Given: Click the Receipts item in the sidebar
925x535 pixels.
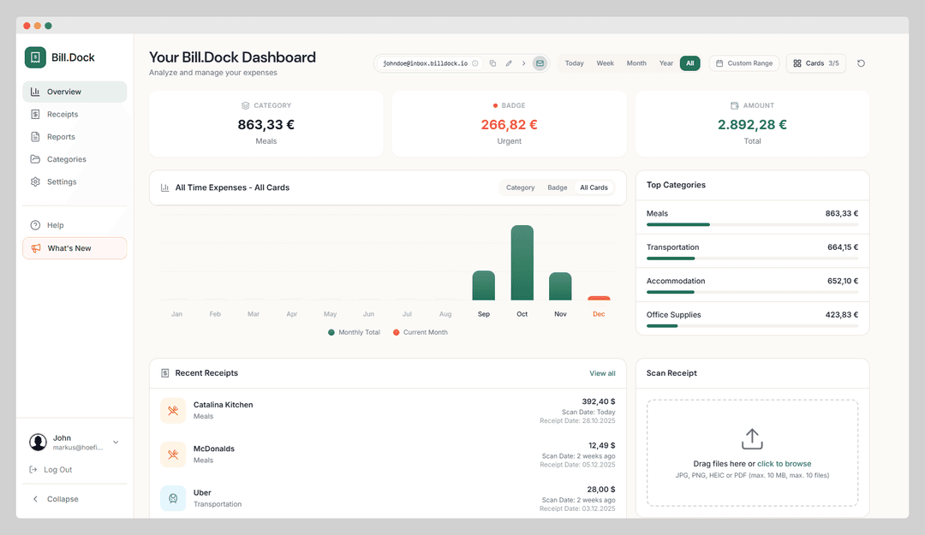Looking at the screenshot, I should [62, 114].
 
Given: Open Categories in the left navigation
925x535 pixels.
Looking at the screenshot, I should [66, 159].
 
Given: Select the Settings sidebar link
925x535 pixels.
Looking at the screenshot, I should [61, 181].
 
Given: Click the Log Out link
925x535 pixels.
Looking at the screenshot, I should [57, 470].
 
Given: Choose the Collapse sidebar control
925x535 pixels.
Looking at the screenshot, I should [62, 499].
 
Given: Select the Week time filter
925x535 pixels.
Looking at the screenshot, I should [605, 63].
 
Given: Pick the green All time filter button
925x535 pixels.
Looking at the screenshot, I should [690, 63].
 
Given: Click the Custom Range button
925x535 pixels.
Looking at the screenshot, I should [743, 63].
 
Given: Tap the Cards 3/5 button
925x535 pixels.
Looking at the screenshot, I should [815, 63].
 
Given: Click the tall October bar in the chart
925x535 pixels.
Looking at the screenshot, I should [522, 263].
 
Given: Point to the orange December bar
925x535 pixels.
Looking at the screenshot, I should [599, 298].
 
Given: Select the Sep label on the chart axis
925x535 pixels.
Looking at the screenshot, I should [484, 314].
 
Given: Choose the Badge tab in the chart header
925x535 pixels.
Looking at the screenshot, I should [558, 187].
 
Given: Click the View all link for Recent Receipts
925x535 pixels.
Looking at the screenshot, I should [602, 373].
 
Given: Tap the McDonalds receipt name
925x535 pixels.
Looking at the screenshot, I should [214, 449].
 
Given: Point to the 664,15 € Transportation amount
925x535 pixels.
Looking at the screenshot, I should [842, 247].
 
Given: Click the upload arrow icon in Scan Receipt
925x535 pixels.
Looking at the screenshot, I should [752, 439].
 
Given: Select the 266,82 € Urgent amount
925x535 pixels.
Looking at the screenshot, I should [509, 124].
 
